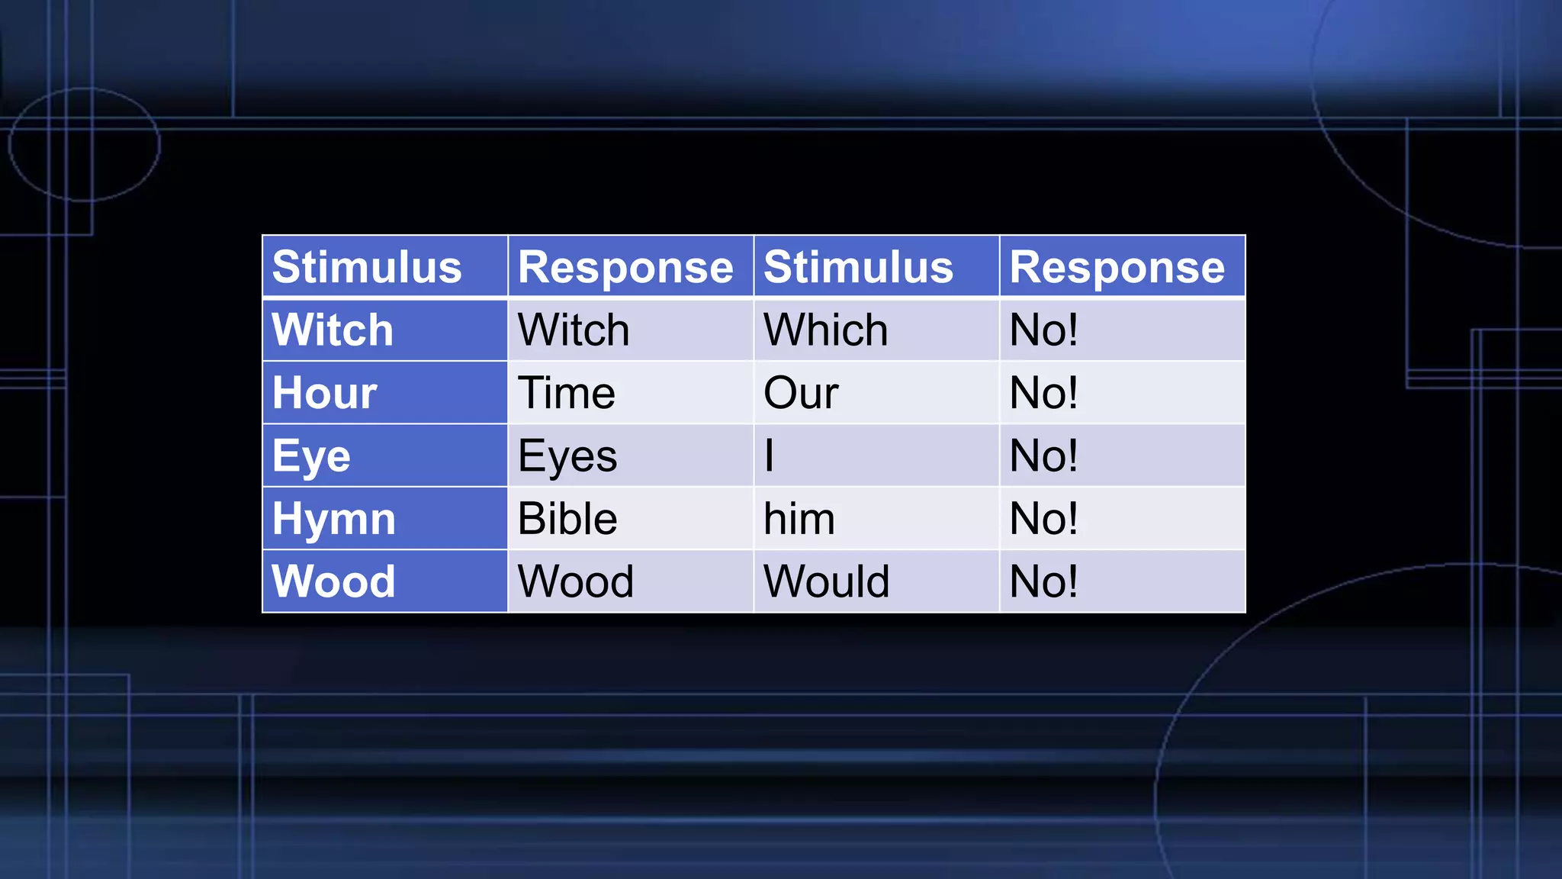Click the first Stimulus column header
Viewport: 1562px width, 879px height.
367,267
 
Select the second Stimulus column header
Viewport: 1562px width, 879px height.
858,267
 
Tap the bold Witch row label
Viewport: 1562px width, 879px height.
333,330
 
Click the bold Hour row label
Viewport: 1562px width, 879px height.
325,393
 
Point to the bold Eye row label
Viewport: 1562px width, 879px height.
311,456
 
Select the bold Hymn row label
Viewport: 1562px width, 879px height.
334,519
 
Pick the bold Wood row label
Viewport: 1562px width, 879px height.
334,581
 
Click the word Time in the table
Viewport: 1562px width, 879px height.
567,393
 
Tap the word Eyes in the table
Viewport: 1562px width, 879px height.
567,456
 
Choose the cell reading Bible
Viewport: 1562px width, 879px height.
567,519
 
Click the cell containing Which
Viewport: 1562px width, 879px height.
826,330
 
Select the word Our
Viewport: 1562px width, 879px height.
801,393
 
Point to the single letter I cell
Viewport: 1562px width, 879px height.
770,456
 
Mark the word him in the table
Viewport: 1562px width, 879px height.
799,519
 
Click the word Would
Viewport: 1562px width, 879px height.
827,581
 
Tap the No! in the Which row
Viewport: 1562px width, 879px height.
1043,330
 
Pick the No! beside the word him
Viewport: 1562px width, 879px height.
1043,519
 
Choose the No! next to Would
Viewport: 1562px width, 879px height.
1043,581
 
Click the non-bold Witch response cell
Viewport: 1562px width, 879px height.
574,330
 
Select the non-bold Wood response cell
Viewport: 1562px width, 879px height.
576,581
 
